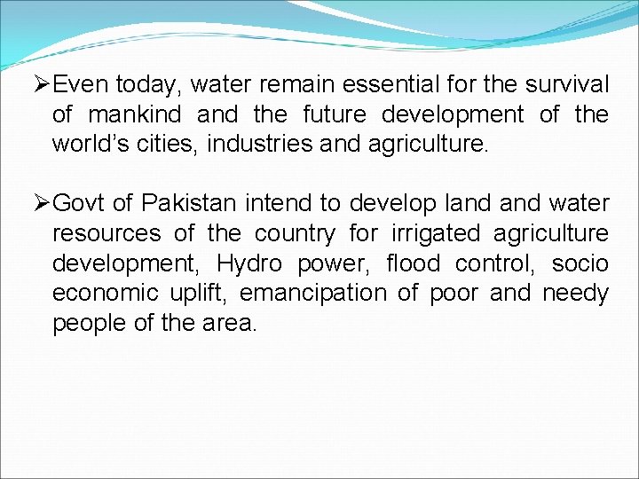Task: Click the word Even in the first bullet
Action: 81,84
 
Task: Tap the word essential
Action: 388,84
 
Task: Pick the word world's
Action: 86,144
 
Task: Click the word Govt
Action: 81,204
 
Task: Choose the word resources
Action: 106,234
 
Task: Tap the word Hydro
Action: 249,263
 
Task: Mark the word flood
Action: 413,263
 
